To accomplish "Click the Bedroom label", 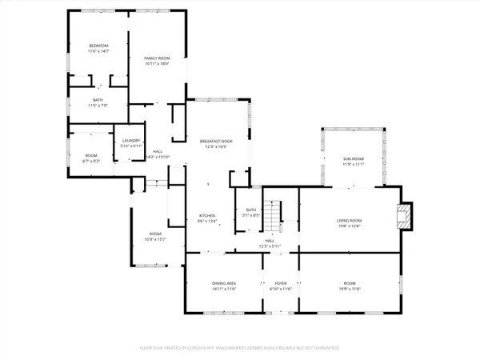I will point(98,46).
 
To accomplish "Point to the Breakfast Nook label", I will point(216,141).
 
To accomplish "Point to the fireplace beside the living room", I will point(406,215).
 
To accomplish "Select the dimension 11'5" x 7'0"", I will point(98,106).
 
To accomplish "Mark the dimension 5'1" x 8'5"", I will point(251,215).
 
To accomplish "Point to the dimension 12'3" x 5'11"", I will point(270,246).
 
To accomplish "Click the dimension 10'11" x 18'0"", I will point(158,64).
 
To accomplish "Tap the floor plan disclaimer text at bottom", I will point(239,349).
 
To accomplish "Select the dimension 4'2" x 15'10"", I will point(160,157).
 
